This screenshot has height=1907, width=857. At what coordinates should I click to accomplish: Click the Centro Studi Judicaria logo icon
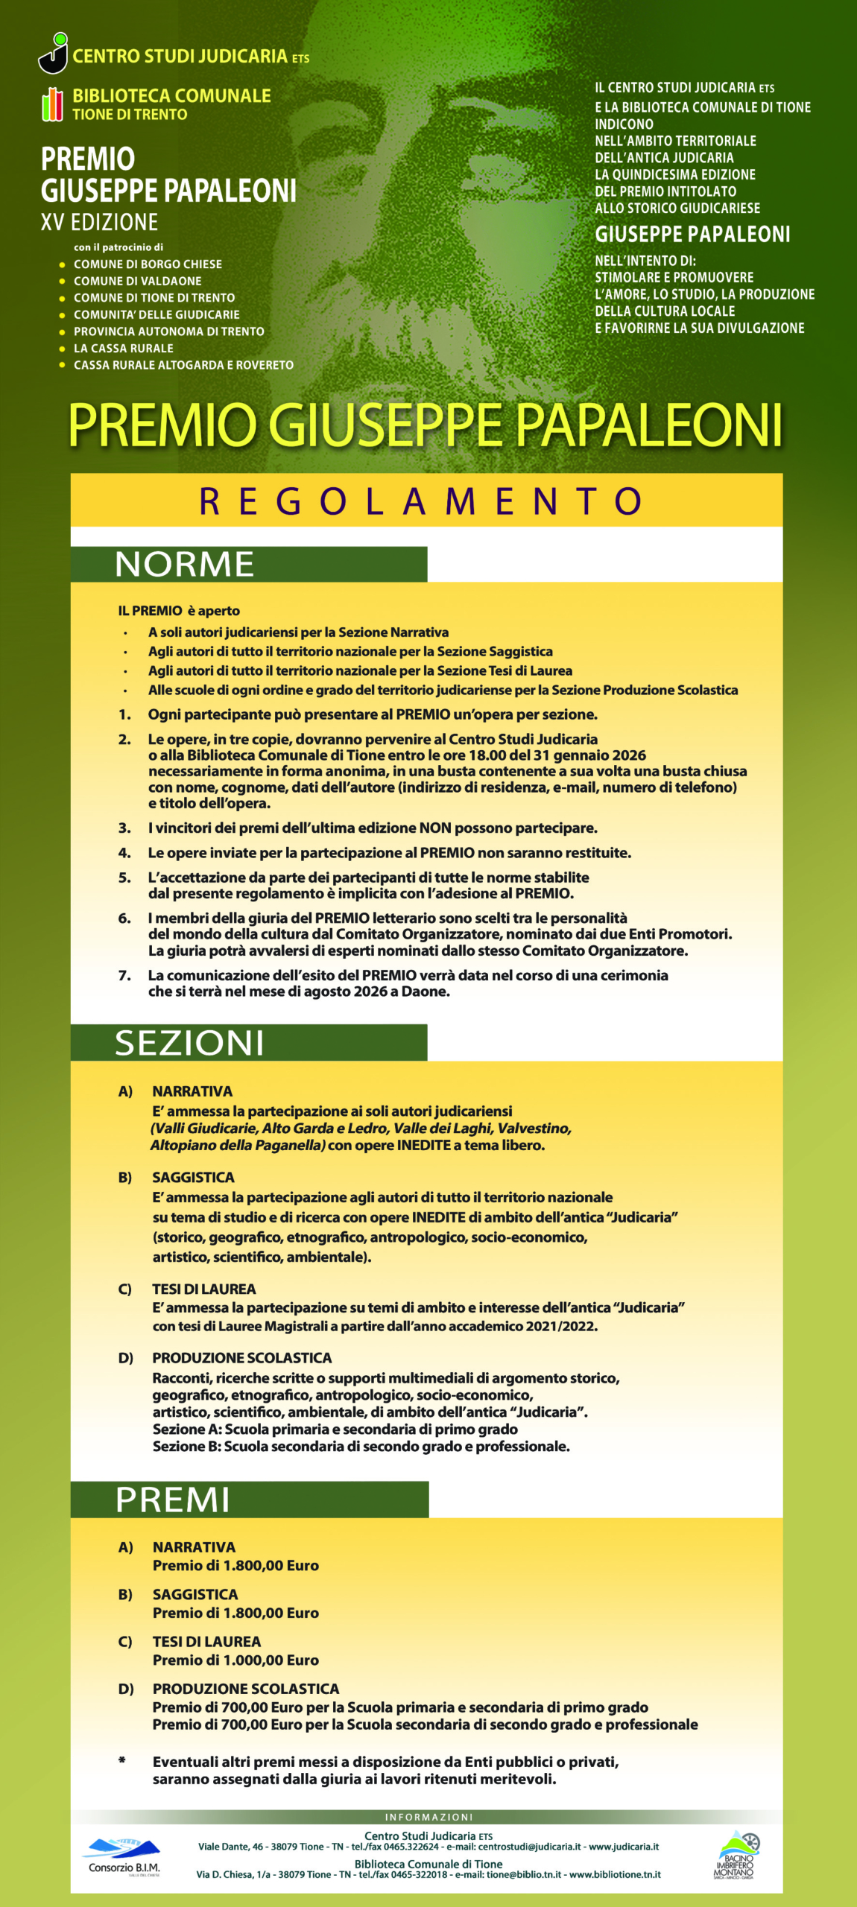[53, 54]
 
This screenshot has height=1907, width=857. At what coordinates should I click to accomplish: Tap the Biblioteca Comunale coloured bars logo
[51, 104]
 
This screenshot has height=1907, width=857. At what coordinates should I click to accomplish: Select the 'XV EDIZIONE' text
[99, 222]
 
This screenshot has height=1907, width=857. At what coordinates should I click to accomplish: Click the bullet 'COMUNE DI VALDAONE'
[137, 281]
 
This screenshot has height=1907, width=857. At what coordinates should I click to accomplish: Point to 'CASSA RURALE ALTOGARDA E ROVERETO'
[183, 365]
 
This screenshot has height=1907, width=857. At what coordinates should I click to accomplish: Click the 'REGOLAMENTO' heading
[422, 501]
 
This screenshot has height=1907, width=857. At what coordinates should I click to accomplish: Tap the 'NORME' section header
[185, 564]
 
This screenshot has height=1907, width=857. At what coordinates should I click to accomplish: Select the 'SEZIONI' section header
[189, 1042]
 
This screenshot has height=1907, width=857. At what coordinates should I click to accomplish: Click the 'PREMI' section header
[173, 1500]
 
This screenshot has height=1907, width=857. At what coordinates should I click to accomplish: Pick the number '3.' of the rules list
[124, 828]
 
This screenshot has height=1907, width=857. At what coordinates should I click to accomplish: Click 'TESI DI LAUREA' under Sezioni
[203, 1289]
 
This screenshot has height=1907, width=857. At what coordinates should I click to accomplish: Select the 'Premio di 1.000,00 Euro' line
[235, 1660]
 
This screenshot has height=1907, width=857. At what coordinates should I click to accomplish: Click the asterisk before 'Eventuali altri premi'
[122, 1760]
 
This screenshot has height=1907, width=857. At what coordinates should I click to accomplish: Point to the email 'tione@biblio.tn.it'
[523, 1874]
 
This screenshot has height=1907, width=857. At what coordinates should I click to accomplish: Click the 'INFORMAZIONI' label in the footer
[428, 1817]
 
